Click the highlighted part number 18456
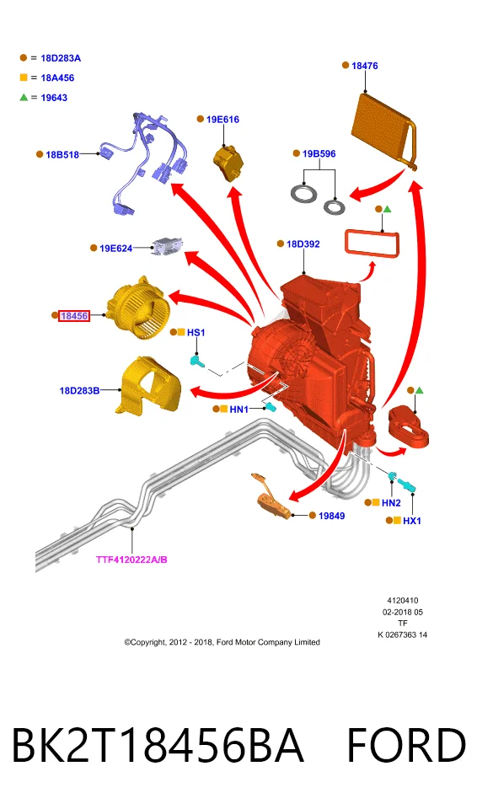tap(74, 315)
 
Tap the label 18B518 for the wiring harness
tap(62, 154)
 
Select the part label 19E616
tap(222, 119)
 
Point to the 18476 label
tap(364, 66)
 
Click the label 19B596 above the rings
tap(319, 153)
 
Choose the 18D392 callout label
tap(303, 244)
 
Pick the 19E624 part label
tap(115, 248)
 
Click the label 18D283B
tap(79, 390)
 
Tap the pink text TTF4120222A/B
tap(131, 560)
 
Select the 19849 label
tap(331, 516)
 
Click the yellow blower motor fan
tap(137, 309)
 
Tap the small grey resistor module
tap(168, 245)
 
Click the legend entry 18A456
tap(57, 78)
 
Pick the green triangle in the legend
tap(24, 97)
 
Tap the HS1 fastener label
tap(196, 333)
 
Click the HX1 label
tap(411, 521)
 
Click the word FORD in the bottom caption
tap(406, 745)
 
